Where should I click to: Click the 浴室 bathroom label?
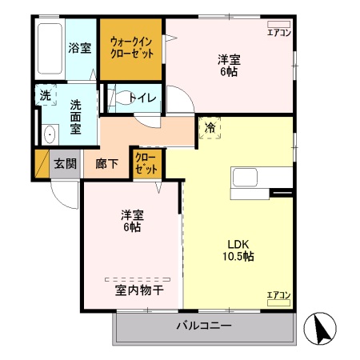point(78,47)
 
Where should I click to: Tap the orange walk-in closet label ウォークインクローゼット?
point(132,47)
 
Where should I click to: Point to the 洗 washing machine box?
point(45,94)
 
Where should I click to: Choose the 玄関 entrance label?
point(65,164)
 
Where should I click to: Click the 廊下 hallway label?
point(107,164)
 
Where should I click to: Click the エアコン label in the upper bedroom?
point(278,33)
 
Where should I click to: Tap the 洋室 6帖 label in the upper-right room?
point(230,65)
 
